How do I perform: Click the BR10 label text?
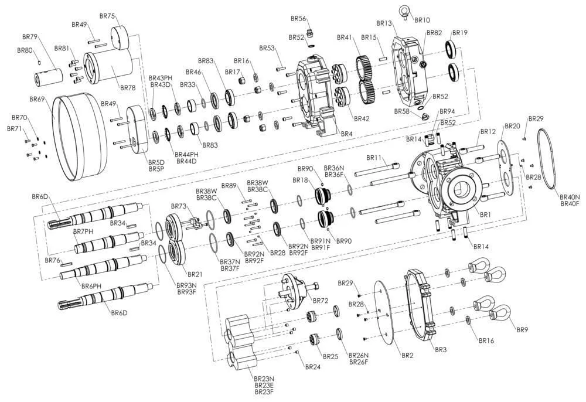tap(422, 21)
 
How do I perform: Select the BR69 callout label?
tap(38, 100)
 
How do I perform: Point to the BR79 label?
tap(29, 37)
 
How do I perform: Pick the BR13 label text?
tap(384, 23)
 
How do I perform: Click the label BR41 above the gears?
tap(344, 38)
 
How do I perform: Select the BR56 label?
tap(298, 19)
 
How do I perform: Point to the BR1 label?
tap(485, 215)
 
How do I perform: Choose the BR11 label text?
tap(374, 158)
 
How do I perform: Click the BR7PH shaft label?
tap(83, 232)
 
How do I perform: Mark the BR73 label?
tap(178, 206)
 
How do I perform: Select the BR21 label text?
tap(195, 274)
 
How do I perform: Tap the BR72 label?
tap(321, 301)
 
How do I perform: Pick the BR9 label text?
tap(522, 330)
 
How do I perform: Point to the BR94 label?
tap(447, 111)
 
